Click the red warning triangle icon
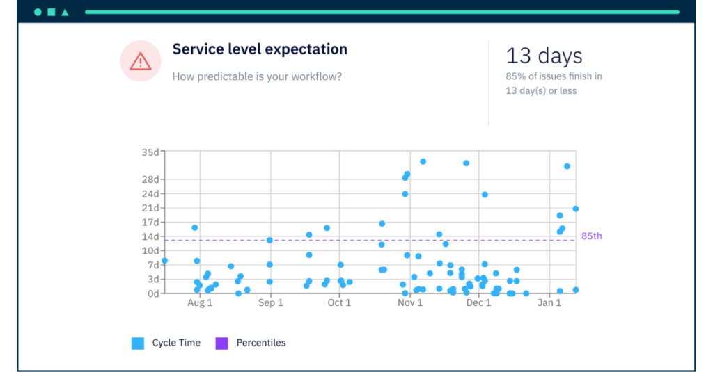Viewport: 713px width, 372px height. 141,62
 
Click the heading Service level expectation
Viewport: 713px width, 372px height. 260,49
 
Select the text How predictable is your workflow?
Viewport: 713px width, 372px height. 257,76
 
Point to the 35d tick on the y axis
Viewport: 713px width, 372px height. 150,152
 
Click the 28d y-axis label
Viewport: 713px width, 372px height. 150,179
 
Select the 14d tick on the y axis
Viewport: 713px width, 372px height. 150,236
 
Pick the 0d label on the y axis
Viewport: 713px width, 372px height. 152,293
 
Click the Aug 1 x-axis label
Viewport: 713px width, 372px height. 200,303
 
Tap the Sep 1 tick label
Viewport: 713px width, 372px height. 270,303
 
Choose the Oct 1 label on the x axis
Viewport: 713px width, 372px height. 339,303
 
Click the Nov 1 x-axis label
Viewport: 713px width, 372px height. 410,303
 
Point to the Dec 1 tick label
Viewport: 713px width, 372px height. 479,303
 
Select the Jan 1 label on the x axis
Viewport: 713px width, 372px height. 549,303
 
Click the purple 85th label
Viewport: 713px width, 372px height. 591,236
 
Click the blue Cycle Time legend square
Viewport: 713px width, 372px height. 138,343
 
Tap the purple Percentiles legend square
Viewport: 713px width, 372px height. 221,343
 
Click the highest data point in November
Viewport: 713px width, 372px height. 423,161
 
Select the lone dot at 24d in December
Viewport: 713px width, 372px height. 485,195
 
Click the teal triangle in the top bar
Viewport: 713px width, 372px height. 65,12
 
